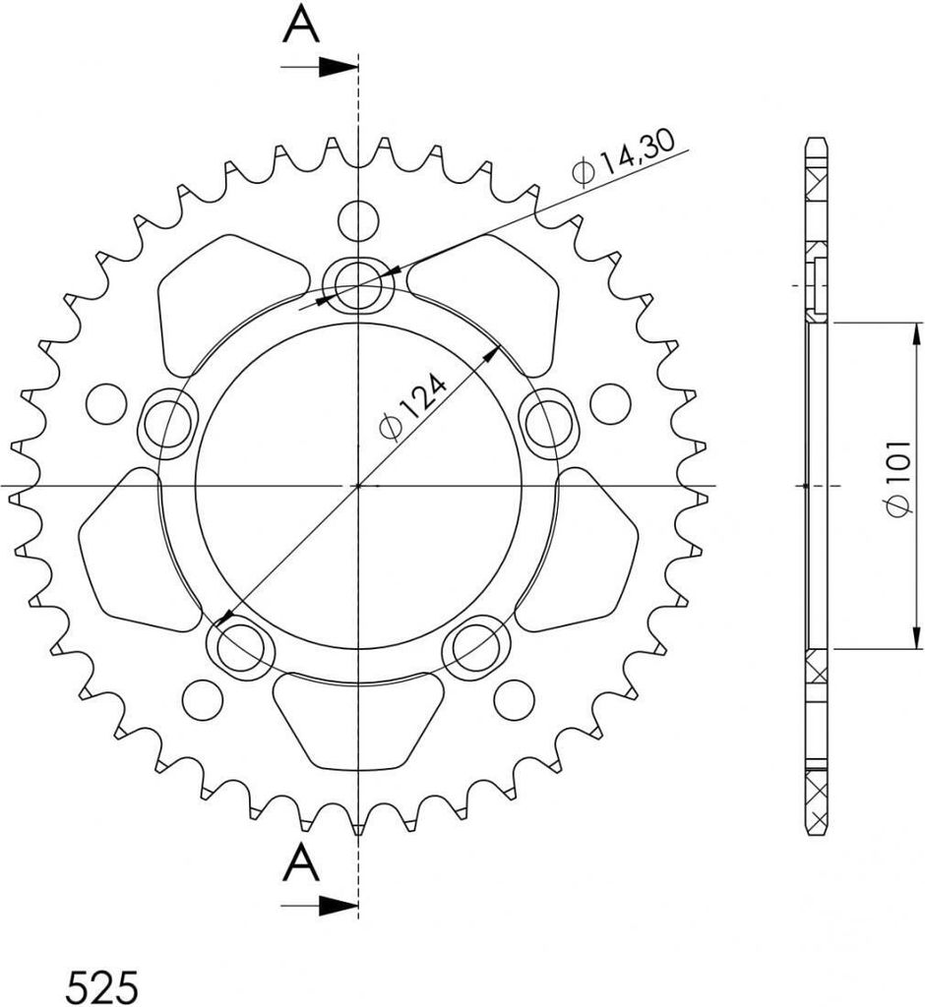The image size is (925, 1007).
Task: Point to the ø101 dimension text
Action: pyautogui.click(x=897, y=487)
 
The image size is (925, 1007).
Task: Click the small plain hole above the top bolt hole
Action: pyautogui.click(x=358, y=218)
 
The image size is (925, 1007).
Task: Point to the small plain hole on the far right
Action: pyautogui.click(x=611, y=401)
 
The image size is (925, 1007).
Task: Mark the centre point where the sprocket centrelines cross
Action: pyautogui.click(x=358, y=486)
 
